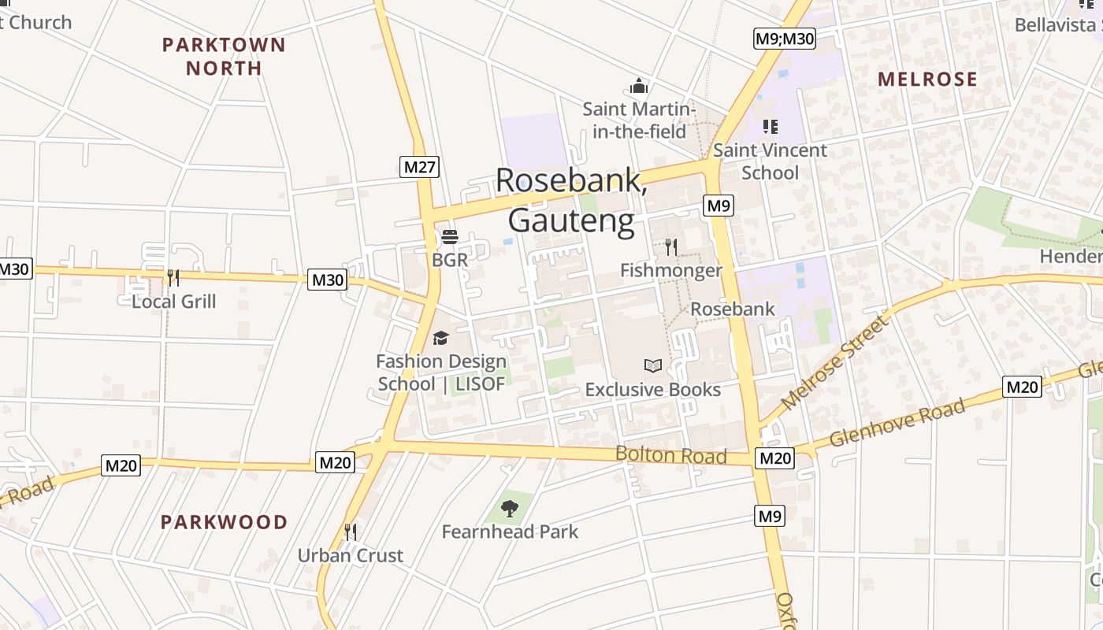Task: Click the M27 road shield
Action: [x=420, y=167]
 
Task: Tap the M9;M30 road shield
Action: [x=784, y=39]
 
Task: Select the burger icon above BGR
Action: [x=450, y=237]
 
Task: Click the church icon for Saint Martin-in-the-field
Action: [x=639, y=85]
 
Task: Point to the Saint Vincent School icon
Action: [x=771, y=126]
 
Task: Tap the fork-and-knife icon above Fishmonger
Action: [x=670, y=247]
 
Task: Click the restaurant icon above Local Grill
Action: [x=173, y=277]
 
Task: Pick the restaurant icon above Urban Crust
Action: [x=351, y=532]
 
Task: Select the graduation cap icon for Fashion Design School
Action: [x=440, y=338]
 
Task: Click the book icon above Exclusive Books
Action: [x=653, y=365]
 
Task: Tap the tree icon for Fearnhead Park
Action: [x=510, y=508]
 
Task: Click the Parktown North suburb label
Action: [x=224, y=56]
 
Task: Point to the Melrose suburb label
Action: [x=927, y=79]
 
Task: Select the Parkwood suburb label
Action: [x=225, y=522]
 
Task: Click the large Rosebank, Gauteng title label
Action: [x=572, y=200]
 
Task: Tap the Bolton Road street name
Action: [x=670, y=454]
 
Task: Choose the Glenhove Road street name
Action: [x=897, y=422]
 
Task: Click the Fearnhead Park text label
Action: [x=510, y=532]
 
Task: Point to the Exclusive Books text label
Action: [x=652, y=390]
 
